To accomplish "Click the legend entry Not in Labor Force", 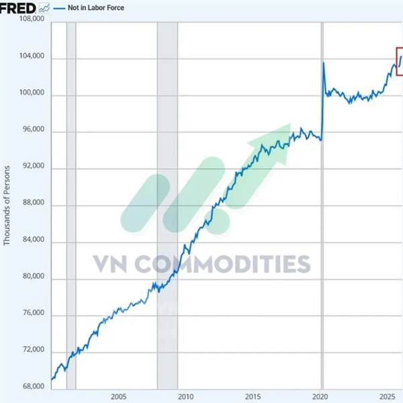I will click(96, 8).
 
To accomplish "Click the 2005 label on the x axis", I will click(118, 396).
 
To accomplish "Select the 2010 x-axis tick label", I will click(186, 396).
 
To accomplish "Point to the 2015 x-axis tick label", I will click(253, 396).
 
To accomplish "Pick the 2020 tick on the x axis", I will click(321, 396).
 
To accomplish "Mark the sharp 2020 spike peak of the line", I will click(323, 63).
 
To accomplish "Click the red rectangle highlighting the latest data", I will click(399, 62).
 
